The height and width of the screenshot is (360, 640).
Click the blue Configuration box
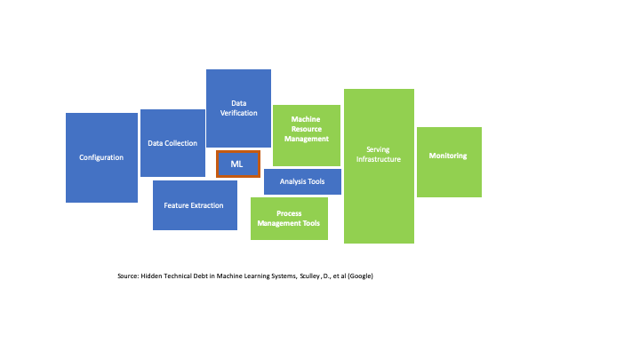(x=101, y=157)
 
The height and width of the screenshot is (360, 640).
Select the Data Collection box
(x=172, y=143)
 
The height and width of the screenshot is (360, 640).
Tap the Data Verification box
(x=238, y=108)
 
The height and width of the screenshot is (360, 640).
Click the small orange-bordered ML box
(x=237, y=164)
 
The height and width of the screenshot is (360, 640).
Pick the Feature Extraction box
(x=195, y=205)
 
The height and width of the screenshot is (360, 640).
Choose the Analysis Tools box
(x=302, y=181)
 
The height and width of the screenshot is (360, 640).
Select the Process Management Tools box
(x=289, y=219)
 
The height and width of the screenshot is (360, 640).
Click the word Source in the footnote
(x=128, y=276)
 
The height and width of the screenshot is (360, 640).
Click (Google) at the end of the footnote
(x=360, y=276)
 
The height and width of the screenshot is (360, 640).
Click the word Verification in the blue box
(x=238, y=113)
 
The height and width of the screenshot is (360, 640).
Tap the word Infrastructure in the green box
(x=379, y=160)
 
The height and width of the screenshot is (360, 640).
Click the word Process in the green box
(x=289, y=213)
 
